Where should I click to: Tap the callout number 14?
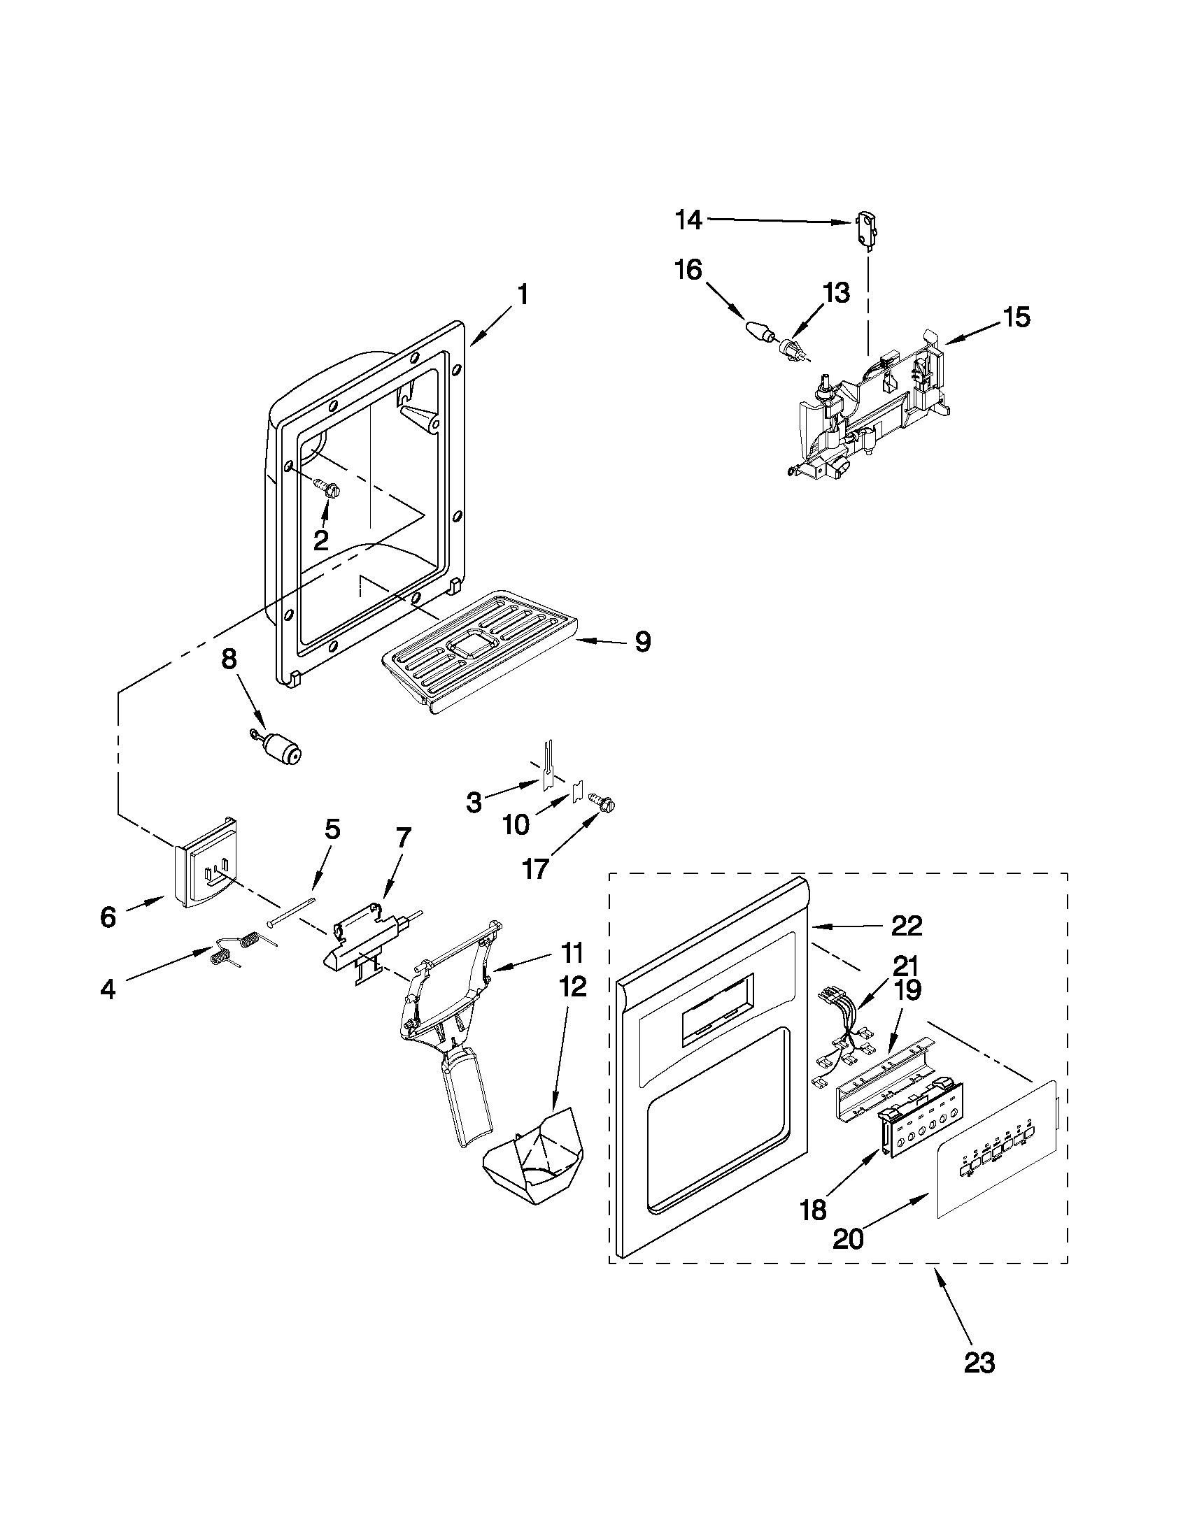(688, 220)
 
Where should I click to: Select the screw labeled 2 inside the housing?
(327, 487)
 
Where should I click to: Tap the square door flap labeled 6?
(204, 863)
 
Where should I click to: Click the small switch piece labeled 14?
(865, 231)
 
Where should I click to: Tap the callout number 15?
(1017, 317)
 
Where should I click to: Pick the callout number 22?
(907, 925)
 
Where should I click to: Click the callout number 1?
(523, 294)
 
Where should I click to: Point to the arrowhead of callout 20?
(930, 1194)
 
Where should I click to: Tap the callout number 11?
(572, 954)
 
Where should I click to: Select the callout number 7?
(402, 837)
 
